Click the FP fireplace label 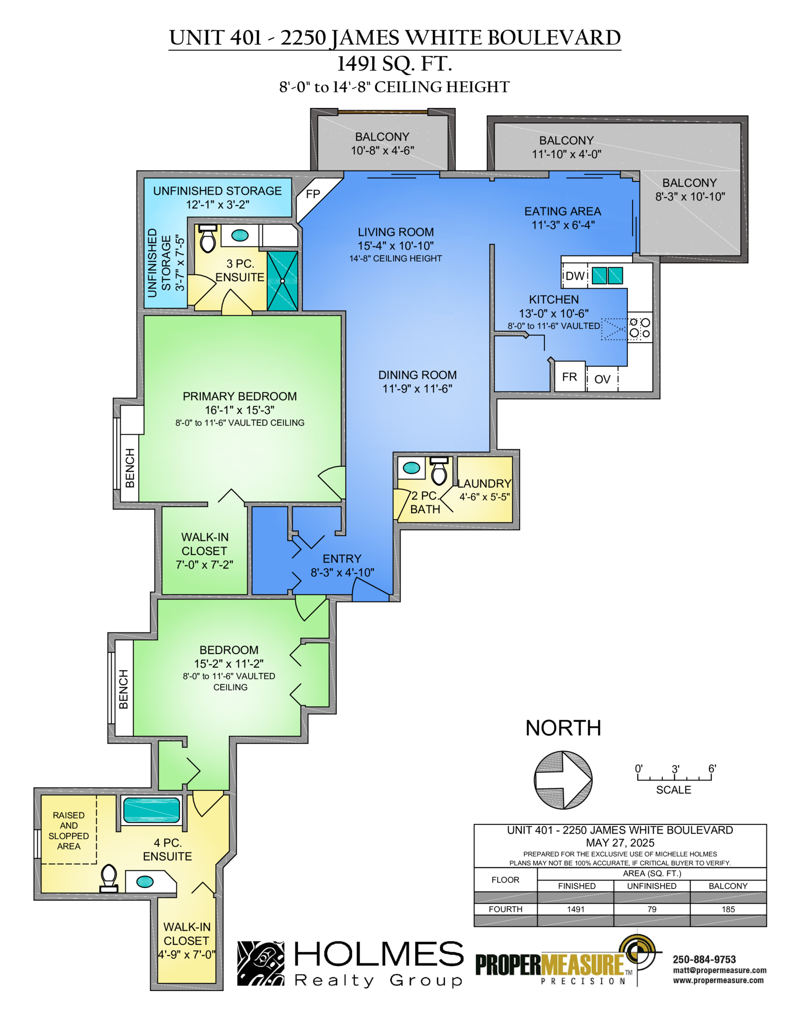tap(313, 194)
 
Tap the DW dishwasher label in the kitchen tap(574, 276)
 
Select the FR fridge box tap(570, 377)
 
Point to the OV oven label tap(602, 379)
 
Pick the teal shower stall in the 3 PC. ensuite tap(283, 281)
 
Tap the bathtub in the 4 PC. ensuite tap(151, 810)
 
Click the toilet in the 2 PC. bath tap(439, 471)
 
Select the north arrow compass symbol tap(563, 780)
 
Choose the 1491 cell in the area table tap(575, 909)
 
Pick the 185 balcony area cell tap(728, 909)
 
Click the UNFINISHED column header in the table tap(651, 886)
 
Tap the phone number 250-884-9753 tap(704, 959)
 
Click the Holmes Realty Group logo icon tap(261, 963)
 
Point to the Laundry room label tap(484, 484)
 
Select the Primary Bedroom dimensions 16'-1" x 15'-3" tap(240, 410)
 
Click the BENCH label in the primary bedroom tap(130, 468)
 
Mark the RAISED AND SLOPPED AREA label tap(69, 831)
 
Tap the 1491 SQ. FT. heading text tap(394, 64)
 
